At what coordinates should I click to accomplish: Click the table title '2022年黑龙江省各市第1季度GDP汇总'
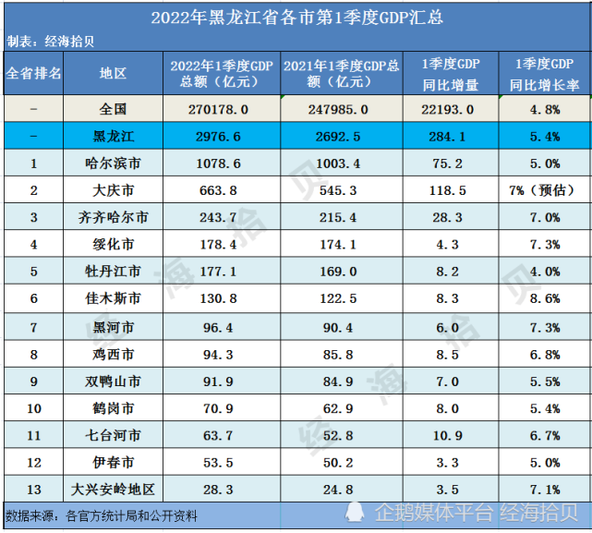tap(296, 17)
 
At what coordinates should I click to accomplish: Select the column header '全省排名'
tap(33, 73)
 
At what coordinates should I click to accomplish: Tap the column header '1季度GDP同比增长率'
tap(545, 73)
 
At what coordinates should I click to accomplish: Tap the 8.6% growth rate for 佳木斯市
tap(545, 299)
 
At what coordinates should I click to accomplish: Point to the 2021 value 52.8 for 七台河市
tap(328, 435)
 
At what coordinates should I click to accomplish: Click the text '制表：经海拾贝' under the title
tap(51, 42)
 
